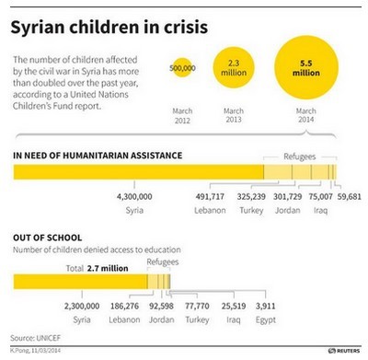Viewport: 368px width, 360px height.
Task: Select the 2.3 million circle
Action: pyautogui.click(x=234, y=67)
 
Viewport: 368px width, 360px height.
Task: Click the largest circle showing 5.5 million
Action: pyautogui.click(x=301, y=67)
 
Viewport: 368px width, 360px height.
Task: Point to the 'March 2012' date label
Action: pyautogui.click(x=183, y=116)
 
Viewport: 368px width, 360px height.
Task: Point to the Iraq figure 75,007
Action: pyautogui.click(x=322, y=196)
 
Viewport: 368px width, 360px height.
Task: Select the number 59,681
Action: pyautogui.click(x=351, y=196)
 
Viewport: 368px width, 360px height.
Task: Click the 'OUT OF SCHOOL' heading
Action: pyautogui.click(x=48, y=238)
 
